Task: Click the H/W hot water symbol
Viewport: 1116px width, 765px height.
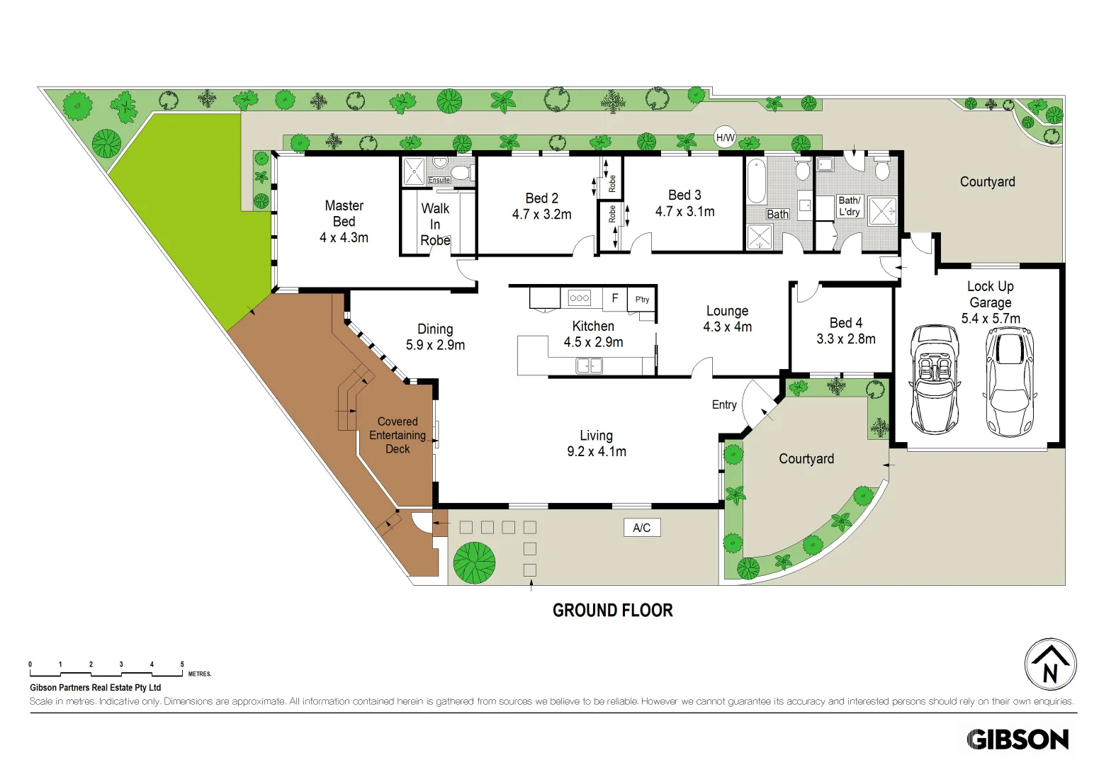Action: [725, 138]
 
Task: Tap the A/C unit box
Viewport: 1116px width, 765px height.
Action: [642, 528]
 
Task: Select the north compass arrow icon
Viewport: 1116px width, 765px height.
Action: [1050, 664]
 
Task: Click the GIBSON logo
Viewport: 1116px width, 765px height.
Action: [1018, 739]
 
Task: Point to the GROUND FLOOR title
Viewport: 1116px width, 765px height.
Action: [612, 611]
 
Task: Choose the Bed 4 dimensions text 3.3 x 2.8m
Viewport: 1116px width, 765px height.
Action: [845, 339]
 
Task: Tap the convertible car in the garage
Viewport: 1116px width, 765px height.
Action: [935, 379]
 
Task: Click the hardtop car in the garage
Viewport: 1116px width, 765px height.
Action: [1010, 381]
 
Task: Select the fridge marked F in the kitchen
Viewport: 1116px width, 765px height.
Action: [614, 298]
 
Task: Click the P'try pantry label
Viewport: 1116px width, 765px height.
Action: [642, 300]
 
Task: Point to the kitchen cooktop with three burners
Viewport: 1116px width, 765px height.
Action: [580, 298]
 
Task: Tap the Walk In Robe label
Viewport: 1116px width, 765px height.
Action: [435, 225]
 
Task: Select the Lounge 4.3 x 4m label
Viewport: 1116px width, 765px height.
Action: [727, 319]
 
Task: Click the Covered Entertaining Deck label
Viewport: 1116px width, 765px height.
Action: [398, 435]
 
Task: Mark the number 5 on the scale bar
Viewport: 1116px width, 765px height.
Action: [182, 664]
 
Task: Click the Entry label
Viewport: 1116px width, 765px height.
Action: [724, 404]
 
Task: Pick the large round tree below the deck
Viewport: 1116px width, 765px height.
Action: [474, 562]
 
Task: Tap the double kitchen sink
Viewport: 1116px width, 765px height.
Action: [589, 365]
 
